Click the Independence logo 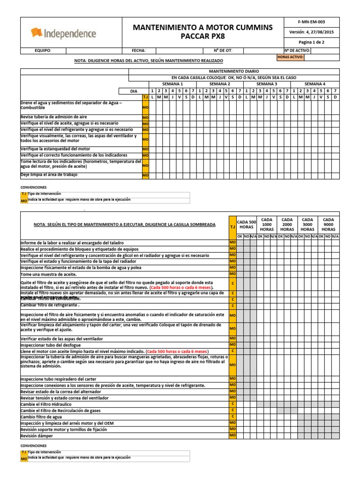[63, 33]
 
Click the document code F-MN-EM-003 [311, 22]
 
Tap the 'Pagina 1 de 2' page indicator [311, 42]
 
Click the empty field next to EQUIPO [93, 51]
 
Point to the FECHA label [139, 51]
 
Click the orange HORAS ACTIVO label [291, 57]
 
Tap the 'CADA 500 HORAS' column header [247, 224]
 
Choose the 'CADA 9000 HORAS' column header [329, 224]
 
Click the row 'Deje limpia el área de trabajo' [49, 175]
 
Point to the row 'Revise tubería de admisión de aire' [53, 116]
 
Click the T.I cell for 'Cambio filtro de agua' [232, 417]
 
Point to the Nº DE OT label [223, 51]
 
